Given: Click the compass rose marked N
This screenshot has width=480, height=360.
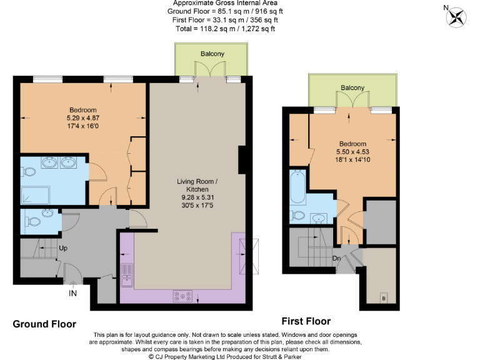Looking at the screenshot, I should point(456,17).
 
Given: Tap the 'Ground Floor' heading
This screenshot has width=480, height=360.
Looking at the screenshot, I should point(44,324).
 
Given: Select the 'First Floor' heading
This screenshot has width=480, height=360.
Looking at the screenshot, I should point(306,321).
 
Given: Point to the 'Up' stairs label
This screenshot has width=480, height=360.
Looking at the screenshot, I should point(63,247).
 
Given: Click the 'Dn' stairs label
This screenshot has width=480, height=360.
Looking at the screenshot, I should point(336,256).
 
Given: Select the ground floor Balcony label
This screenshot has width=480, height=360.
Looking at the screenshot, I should point(212,54).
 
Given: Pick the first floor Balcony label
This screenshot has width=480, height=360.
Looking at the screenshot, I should point(352,87).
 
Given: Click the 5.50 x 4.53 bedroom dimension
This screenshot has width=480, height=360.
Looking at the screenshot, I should point(348,151).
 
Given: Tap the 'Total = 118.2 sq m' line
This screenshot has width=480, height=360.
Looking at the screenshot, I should point(216,28).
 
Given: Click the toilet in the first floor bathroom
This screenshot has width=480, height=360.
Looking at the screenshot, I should point(298,216).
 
